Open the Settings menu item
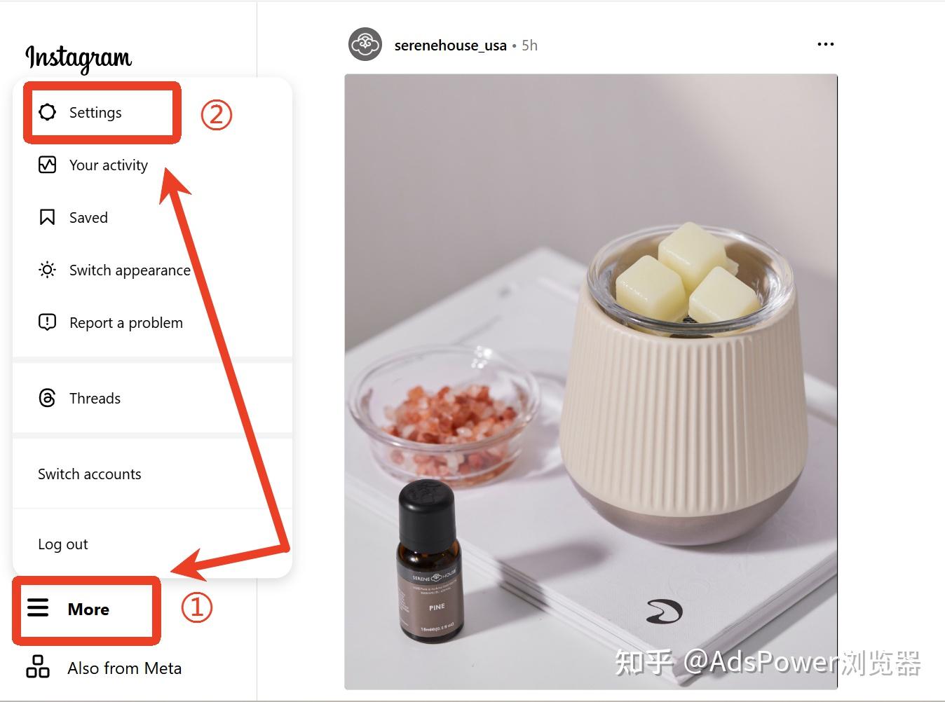tap(95, 113)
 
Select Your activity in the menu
tap(108, 165)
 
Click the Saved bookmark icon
tap(47, 217)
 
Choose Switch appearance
tap(129, 270)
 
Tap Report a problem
tap(125, 323)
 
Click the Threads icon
tap(47, 398)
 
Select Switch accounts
tap(89, 474)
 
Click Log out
tap(62, 544)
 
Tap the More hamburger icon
tap(38, 607)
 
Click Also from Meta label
tap(124, 668)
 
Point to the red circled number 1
tap(196, 607)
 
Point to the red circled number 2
tap(216, 113)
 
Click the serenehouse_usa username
tap(450, 46)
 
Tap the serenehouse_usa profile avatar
tap(365, 45)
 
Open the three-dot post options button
tap(825, 44)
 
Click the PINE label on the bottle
tap(437, 607)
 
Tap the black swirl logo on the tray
tap(663, 611)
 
